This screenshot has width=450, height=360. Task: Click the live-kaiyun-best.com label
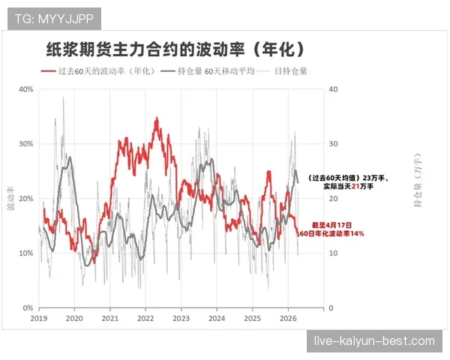pyautogui.click(x=374, y=341)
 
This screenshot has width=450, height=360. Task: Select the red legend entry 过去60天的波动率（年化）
pyautogui.click(x=106, y=71)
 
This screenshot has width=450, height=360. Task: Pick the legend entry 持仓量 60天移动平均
pyautogui.click(x=217, y=71)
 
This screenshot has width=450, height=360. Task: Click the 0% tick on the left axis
pyautogui.click(x=27, y=308)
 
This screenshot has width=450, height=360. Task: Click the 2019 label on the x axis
pyautogui.click(x=39, y=319)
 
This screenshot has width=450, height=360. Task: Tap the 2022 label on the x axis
pyautogui.click(x=145, y=319)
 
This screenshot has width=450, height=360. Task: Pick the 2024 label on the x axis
pyautogui.click(x=216, y=319)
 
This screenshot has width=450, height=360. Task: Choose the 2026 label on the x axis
pyautogui.click(x=287, y=319)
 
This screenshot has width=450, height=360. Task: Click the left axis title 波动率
pyautogui.click(x=11, y=199)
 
